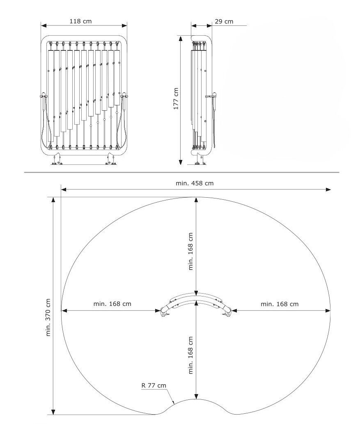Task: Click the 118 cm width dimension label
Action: point(80,21)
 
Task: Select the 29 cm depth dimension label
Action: point(224,21)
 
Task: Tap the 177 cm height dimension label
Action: point(176,99)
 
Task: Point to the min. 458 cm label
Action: point(195,183)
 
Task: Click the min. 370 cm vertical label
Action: point(48,317)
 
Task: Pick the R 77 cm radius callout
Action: point(154,385)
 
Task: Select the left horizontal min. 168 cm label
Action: point(112,304)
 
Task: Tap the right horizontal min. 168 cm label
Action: point(280,304)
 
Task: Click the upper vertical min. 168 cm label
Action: point(190,251)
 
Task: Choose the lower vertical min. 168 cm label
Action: point(190,356)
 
